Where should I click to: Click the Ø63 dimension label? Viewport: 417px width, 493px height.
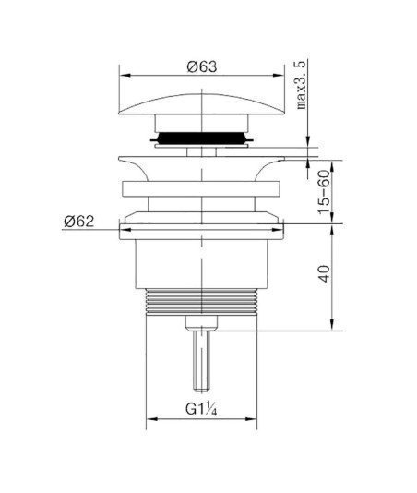point(202,66)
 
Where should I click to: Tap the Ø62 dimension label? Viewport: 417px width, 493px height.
point(78,222)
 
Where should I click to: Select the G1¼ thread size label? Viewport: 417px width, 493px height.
point(201,409)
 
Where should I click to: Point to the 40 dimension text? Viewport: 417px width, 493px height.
point(325,273)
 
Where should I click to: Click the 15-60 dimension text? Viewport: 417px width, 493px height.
point(325,192)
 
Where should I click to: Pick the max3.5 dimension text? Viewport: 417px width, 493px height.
point(301,85)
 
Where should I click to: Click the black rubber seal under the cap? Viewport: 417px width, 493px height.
point(202,138)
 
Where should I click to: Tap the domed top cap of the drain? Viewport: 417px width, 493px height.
point(201,102)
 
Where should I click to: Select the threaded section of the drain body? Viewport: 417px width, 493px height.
point(201,302)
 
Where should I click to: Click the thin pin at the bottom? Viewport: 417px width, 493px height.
point(201,361)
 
